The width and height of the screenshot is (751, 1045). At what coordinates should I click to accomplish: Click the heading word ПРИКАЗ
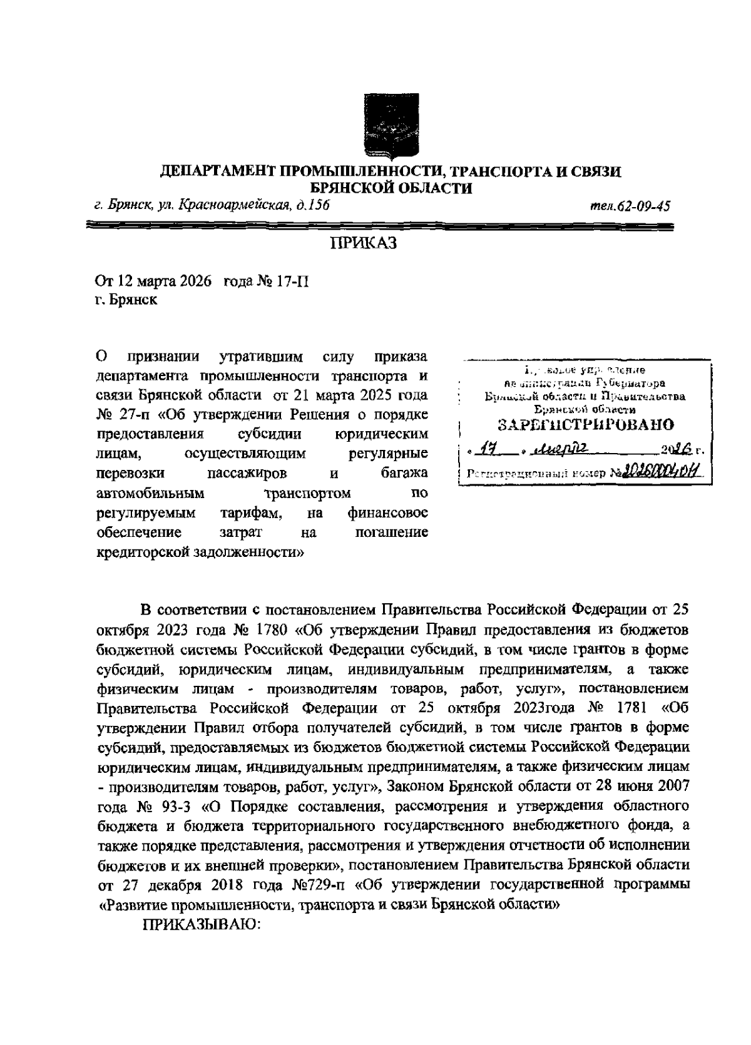(x=364, y=243)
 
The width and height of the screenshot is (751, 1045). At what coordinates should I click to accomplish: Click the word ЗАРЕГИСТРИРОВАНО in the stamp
(x=586, y=426)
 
